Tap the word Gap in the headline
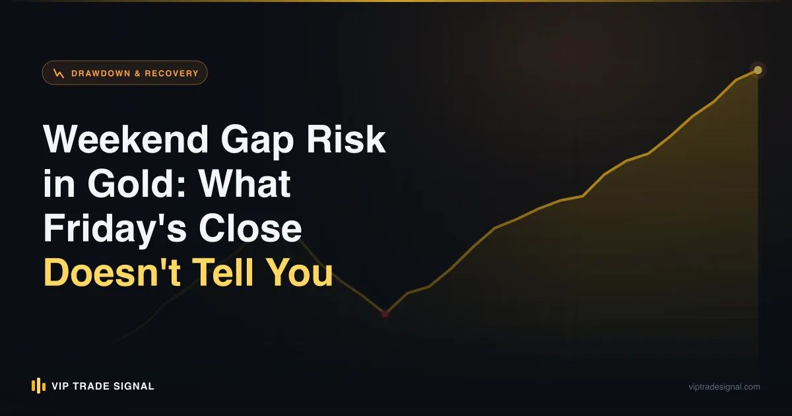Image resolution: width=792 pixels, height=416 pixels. pyautogui.click(x=257, y=142)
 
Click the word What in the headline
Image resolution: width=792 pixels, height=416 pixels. pyautogui.click(x=244, y=184)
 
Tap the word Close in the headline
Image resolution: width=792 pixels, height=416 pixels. pyautogui.click(x=250, y=228)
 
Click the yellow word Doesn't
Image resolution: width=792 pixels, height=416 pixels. pyautogui.click(x=112, y=272)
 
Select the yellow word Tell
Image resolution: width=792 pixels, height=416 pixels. pyautogui.click(x=223, y=271)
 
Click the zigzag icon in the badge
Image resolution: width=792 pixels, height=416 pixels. pyautogui.click(x=59, y=73)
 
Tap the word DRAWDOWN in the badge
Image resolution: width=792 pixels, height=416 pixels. pyautogui.click(x=101, y=73)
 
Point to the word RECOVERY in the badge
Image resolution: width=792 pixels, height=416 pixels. pyautogui.click(x=172, y=73)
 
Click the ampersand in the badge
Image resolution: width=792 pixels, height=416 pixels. pyautogui.click(x=137, y=73)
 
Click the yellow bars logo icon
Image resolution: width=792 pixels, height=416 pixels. pyautogui.click(x=38, y=386)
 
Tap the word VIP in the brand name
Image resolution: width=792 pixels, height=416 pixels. pyautogui.click(x=60, y=386)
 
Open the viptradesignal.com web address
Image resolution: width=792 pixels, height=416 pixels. pyautogui.click(x=724, y=387)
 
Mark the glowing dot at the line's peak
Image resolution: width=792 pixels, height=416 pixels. pyautogui.click(x=758, y=70)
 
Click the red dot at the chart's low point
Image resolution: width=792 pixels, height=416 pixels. pyautogui.click(x=385, y=314)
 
